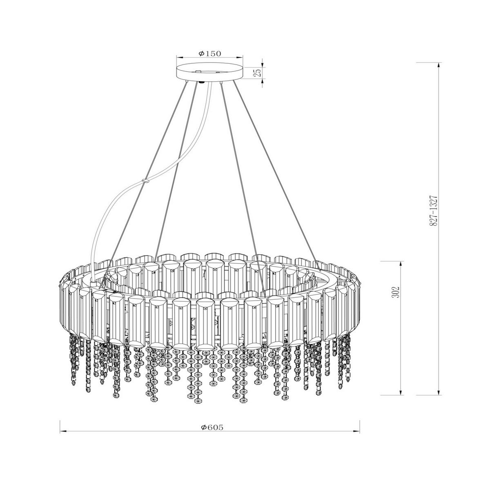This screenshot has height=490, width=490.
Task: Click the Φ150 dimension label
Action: (x=209, y=53)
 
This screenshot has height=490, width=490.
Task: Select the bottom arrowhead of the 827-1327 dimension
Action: (x=439, y=392)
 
